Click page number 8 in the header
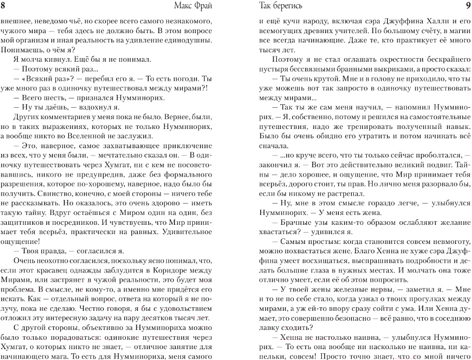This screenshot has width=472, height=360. [x=4, y=6]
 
